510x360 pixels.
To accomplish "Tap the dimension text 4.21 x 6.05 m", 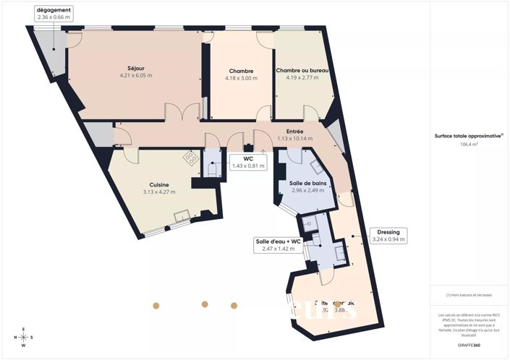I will (135, 74).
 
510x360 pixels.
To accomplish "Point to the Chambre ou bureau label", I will (303, 70).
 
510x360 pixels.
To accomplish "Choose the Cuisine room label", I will (159, 184).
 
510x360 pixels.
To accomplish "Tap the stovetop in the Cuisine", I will (191, 157).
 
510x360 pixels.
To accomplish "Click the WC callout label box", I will (248, 162).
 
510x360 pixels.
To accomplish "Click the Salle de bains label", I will (308, 184).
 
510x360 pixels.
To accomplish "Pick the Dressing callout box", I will (388, 236).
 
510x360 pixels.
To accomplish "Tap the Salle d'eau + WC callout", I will (277, 245).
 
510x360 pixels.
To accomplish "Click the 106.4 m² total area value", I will (469, 144).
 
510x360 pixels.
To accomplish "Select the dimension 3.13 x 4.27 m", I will (159, 192).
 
